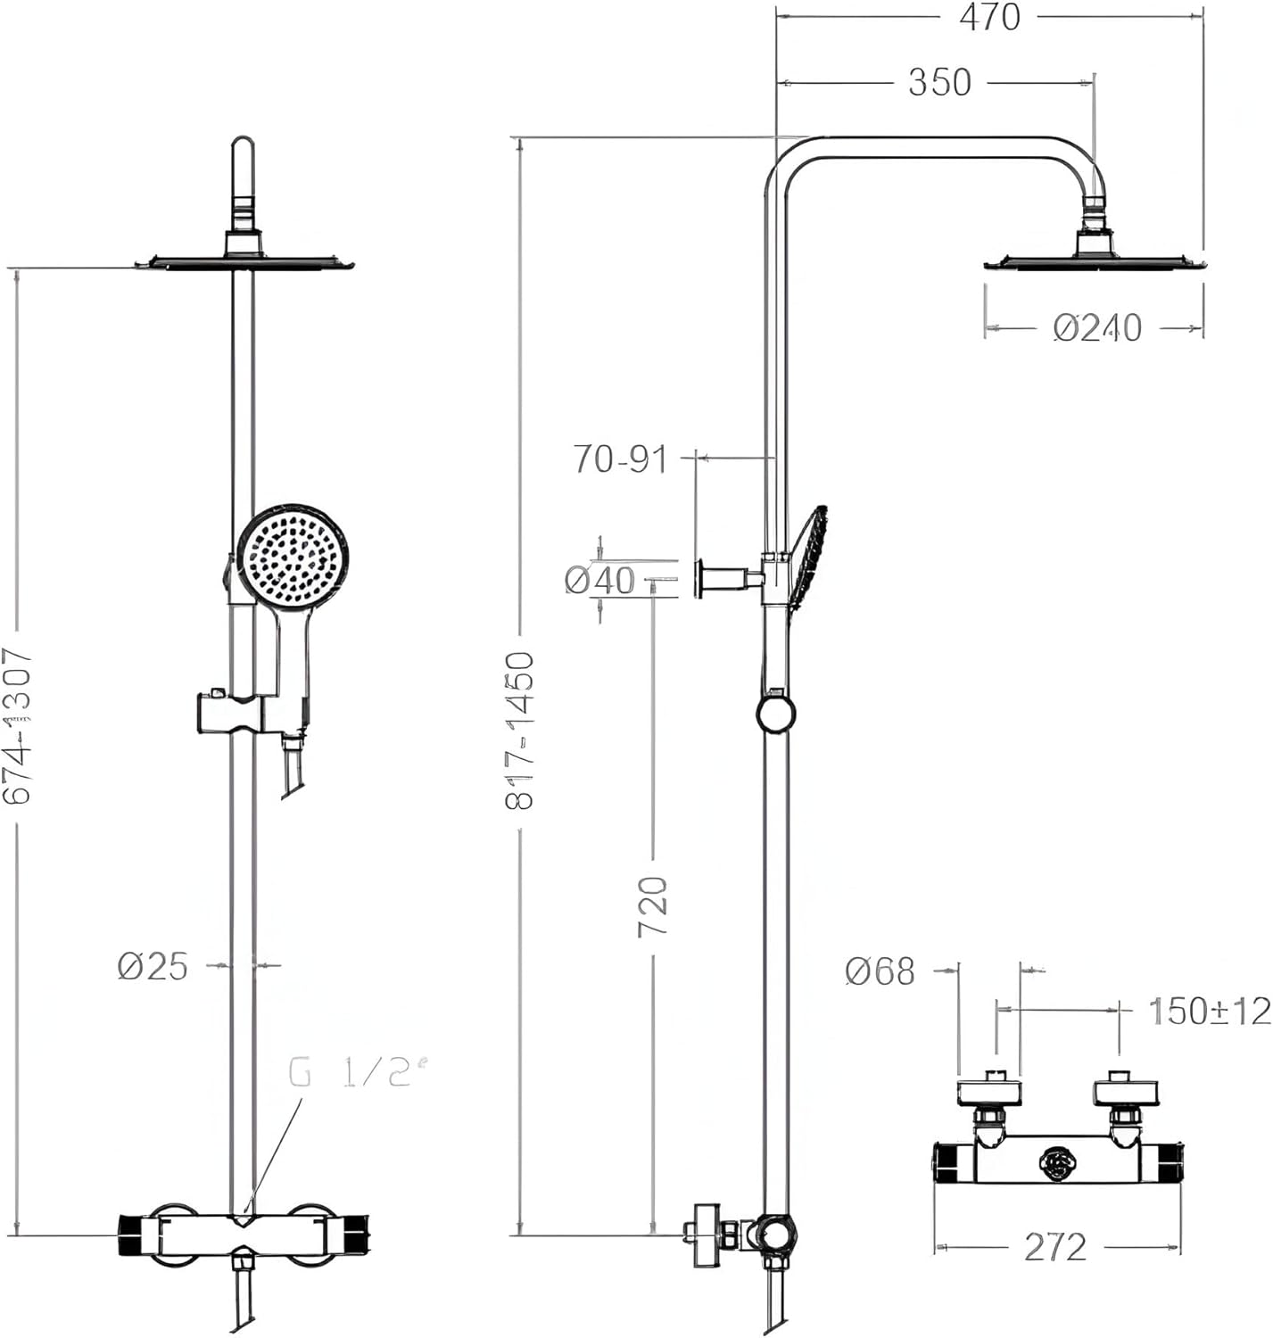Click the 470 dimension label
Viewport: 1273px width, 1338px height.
[x=989, y=17]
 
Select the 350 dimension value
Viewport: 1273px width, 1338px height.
[x=939, y=82]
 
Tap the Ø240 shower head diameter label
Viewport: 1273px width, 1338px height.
[x=1097, y=327]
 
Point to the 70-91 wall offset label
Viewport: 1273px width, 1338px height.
[x=620, y=458]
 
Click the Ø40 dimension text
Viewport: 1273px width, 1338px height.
[x=600, y=580]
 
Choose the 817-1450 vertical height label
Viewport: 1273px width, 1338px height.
[x=520, y=730]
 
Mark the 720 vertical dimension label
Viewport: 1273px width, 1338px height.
[x=653, y=905]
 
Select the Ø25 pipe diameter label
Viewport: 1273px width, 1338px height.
[x=153, y=965]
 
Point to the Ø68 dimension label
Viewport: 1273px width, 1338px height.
[x=880, y=971]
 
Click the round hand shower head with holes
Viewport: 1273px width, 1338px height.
[x=293, y=555]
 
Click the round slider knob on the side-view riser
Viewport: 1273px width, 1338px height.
[x=776, y=714]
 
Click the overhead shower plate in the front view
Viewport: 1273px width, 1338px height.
[x=244, y=262]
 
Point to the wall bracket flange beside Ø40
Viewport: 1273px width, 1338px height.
[x=702, y=578]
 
